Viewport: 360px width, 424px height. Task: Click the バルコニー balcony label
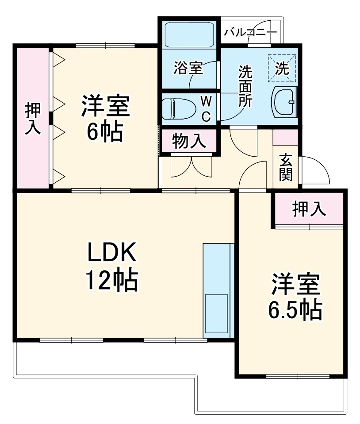point(250,32)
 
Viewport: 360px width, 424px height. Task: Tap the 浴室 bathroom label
point(188,68)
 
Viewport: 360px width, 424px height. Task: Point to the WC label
point(206,108)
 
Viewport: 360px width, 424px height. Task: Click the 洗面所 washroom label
point(245,86)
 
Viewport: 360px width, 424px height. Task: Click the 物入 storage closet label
point(189,141)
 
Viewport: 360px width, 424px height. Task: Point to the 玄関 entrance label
point(286,167)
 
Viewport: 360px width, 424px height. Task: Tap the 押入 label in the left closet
point(33,118)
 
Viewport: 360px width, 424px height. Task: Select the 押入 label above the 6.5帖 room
point(309,209)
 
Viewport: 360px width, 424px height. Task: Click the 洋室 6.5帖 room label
point(295,297)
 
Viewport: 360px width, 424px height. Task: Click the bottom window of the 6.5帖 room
point(297,377)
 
